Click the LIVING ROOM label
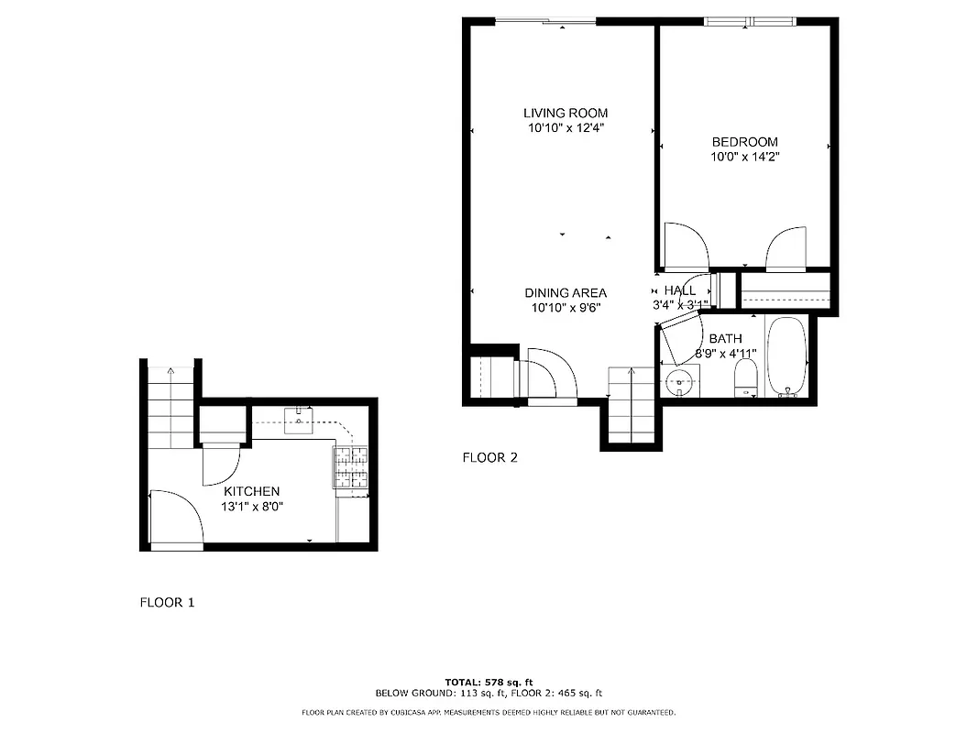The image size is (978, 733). click(x=566, y=114)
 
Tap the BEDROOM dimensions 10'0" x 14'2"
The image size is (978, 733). click(x=744, y=157)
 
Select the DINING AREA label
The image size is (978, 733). click(x=566, y=293)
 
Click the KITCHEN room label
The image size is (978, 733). click(x=250, y=492)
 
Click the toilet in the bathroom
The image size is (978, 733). click(x=746, y=379)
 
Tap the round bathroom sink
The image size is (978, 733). click(x=679, y=383)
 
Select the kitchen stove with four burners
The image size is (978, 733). click(x=350, y=466)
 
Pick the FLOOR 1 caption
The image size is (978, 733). click(x=167, y=603)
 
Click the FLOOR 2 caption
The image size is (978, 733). click(x=489, y=458)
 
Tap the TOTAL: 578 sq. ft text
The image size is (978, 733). click(x=489, y=683)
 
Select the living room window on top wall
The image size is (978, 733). click(x=544, y=22)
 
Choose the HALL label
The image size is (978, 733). click(x=679, y=290)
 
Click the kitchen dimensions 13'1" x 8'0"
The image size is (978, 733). click(x=250, y=506)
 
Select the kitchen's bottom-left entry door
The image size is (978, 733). click(x=176, y=520)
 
